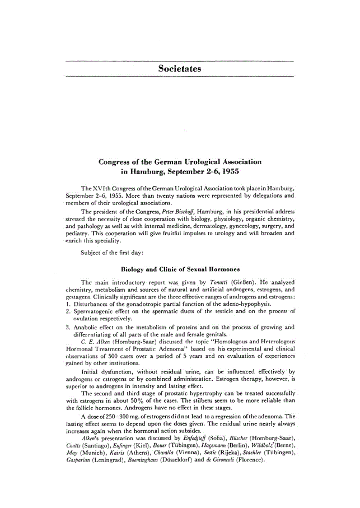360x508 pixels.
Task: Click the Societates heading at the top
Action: [180, 69]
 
